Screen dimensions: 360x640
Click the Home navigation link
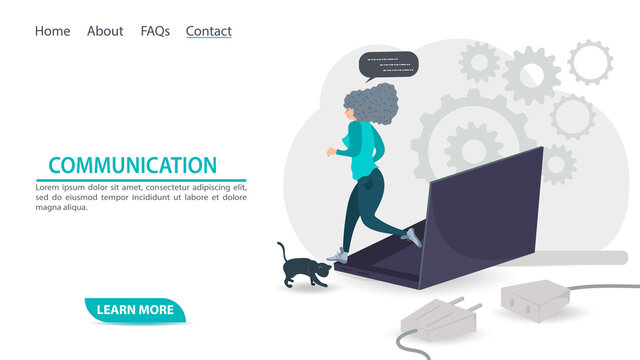click(52, 31)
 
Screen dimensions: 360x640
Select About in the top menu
click(105, 31)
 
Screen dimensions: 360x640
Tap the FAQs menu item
click(155, 31)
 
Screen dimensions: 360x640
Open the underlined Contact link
click(208, 31)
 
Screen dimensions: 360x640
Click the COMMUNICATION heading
click(132, 166)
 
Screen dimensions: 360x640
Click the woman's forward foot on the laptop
click(411, 236)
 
